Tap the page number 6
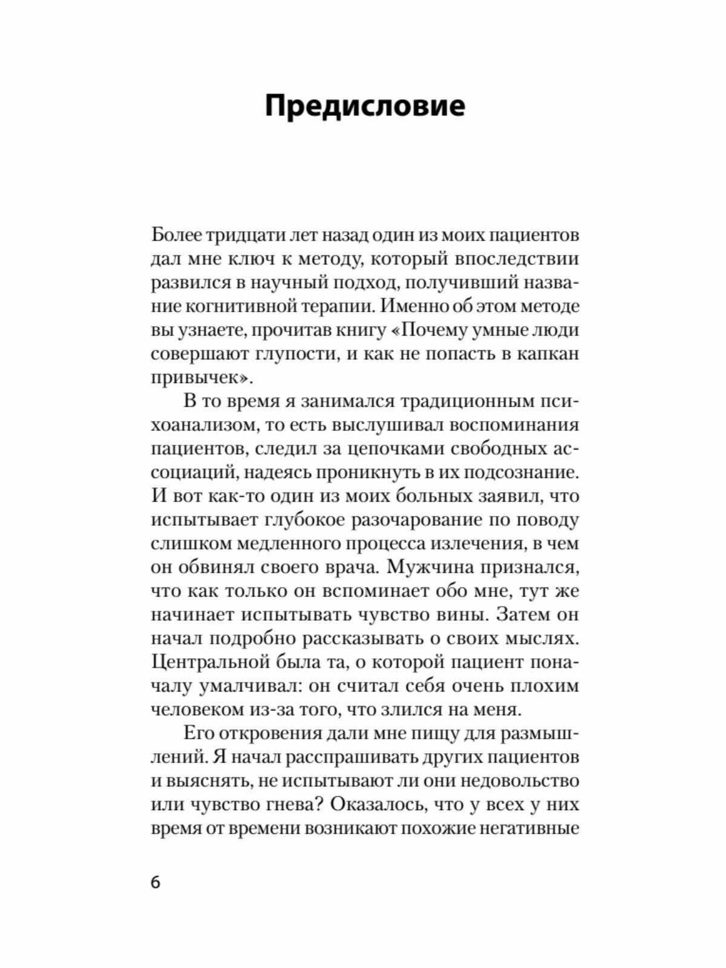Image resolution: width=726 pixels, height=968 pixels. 155,883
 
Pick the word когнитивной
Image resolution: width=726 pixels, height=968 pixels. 238,306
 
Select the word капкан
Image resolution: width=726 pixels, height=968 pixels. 548,353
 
